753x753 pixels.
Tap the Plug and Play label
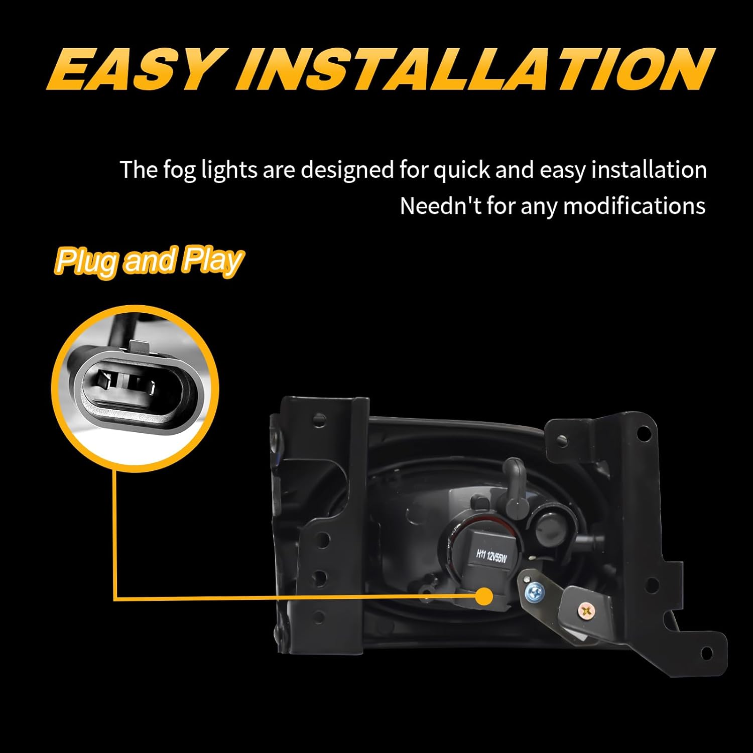(x=149, y=261)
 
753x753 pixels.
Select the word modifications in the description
(x=635, y=206)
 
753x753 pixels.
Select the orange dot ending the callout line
(x=484, y=597)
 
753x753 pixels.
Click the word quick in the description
(x=461, y=170)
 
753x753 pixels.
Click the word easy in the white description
(x=563, y=170)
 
